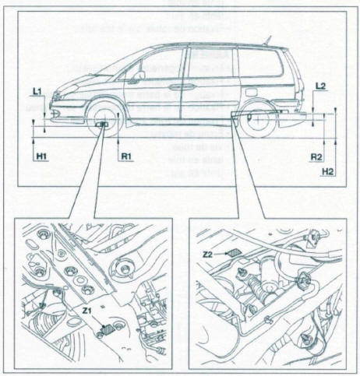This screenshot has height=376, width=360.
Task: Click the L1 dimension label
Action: [x=37, y=91]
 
